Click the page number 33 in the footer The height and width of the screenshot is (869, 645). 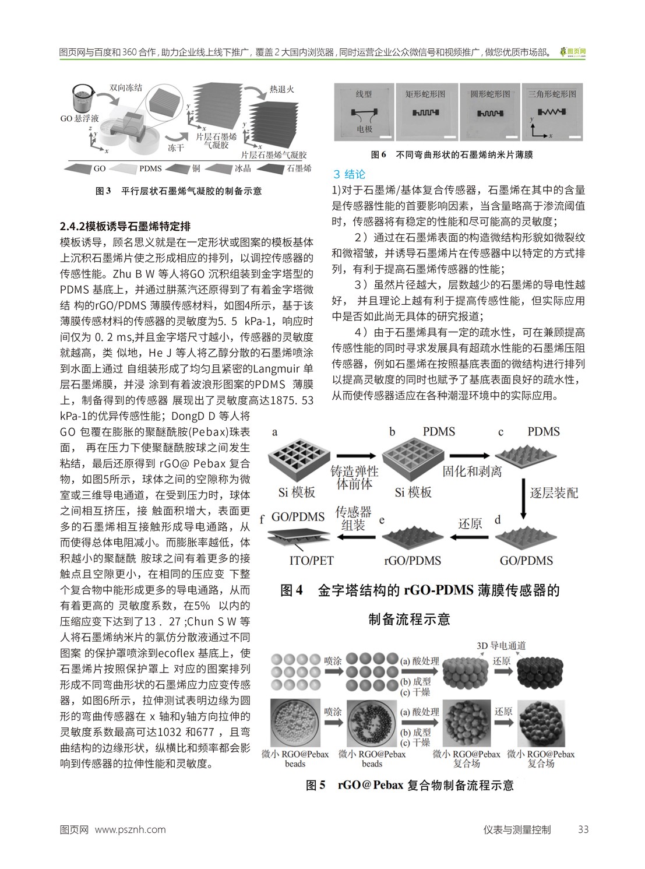point(583,829)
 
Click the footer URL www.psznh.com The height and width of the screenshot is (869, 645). point(130,829)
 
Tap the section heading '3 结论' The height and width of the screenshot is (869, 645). point(349,174)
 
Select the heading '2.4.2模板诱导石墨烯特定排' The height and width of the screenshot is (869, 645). point(125,226)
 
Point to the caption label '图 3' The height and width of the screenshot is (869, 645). point(103,191)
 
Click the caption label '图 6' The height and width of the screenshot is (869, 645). point(379,155)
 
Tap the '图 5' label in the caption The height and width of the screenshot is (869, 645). point(316,785)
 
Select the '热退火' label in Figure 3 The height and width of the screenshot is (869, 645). point(281,89)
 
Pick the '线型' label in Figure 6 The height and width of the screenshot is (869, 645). point(364,94)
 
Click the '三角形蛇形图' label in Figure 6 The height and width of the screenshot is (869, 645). point(552,94)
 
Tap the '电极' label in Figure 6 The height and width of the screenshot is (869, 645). point(364,129)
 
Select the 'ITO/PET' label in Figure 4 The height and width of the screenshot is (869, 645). point(311,561)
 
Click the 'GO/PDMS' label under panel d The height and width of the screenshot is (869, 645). point(526,561)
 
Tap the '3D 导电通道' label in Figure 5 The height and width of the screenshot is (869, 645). point(501,646)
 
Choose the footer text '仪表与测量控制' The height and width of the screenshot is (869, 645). point(517,829)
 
